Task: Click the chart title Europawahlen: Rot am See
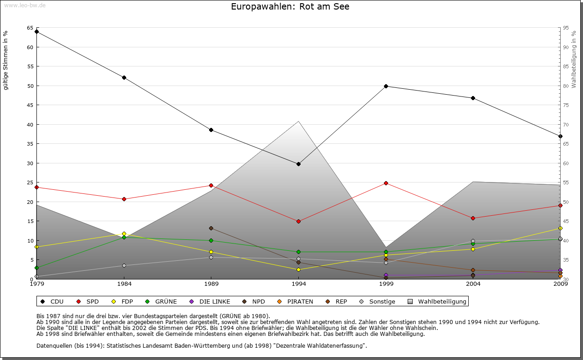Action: [290, 7]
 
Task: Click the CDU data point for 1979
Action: [36, 32]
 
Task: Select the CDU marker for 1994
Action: [298, 164]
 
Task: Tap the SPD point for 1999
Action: [386, 183]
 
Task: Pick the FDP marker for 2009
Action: [560, 228]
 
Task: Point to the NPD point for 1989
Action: [211, 228]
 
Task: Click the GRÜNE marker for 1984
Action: [124, 237]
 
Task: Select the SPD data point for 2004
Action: [473, 218]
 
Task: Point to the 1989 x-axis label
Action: [211, 284]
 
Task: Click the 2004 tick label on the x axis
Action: [473, 284]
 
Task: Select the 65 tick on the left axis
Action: [30, 28]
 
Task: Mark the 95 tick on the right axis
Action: [565, 28]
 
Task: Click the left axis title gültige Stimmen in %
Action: [6, 60]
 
